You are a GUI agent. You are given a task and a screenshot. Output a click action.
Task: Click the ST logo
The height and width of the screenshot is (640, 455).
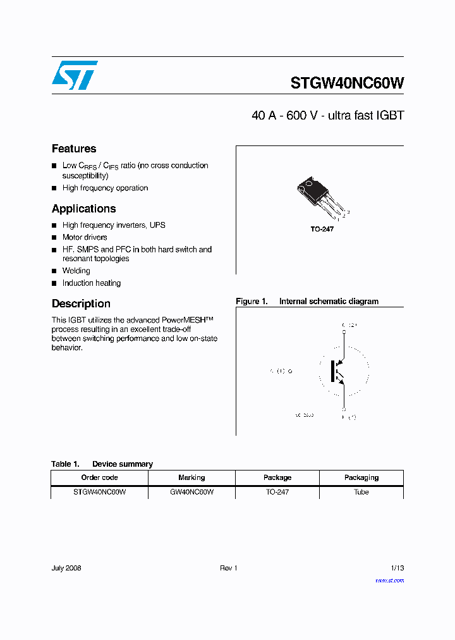(75, 75)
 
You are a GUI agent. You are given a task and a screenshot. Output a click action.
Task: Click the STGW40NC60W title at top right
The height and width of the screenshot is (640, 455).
(347, 83)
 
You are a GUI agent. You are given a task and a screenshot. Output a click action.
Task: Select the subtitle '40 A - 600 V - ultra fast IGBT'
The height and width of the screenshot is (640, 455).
(327, 116)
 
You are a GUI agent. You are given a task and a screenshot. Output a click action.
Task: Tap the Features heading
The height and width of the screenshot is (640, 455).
(74, 149)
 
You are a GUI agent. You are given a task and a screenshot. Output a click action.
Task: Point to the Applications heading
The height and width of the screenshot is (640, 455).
(83, 209)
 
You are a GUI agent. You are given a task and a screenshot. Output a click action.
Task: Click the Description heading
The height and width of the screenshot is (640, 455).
(81, 304)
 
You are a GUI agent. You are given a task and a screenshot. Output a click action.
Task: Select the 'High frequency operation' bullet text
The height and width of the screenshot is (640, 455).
(105, 188)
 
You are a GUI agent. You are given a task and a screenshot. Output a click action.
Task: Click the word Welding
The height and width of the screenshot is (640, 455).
(76, 271)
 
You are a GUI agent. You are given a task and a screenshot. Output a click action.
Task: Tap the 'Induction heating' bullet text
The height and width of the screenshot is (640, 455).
(91, 283)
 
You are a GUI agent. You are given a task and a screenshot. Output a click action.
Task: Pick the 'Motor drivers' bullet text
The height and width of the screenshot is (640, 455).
(85, 237)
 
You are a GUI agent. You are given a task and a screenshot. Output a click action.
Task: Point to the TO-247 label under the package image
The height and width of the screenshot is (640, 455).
(322, 229)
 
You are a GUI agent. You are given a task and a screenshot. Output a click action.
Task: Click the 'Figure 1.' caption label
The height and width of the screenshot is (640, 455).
(252, 302)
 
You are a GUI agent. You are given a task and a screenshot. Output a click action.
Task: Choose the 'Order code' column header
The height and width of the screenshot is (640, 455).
(99, 477)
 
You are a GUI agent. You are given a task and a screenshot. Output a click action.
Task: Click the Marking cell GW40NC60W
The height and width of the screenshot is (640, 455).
(191, 492)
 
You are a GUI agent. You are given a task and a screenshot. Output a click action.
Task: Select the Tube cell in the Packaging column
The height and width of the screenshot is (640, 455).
(361, 492)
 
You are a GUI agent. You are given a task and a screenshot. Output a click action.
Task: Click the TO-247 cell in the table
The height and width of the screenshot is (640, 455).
(277, 492)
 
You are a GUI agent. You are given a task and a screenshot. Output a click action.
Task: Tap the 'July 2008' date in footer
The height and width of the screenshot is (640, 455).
(66, 568)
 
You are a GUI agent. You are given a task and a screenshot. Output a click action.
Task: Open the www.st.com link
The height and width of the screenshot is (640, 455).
(389, 581)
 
